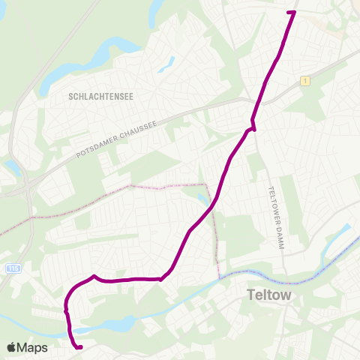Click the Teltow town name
[x=268, y=295]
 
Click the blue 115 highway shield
[x=12, y=268]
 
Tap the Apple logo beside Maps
[x=13, y=347]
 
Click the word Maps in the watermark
[x=34, y=347]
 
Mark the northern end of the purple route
[x=292, y=12]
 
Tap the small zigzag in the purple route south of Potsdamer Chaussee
[x=253, y=125]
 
